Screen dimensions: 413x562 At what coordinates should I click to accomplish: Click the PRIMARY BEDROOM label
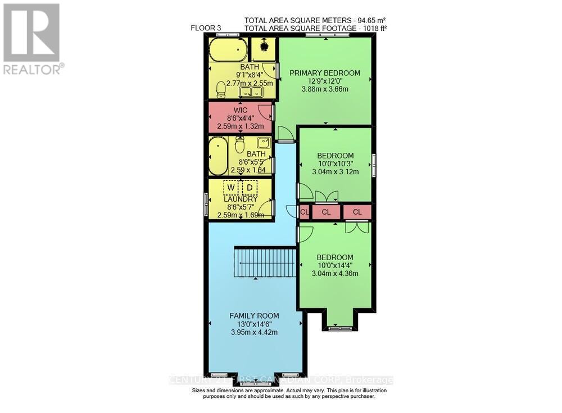(x=325, y=72)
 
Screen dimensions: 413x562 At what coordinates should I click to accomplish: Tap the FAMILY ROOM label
(x=254, y=316)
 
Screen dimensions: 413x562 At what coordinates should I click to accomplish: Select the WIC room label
(x=241, y=111)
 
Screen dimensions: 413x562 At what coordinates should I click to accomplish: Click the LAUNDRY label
(x=241, y=199)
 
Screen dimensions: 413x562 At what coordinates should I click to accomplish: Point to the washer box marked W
(x=230, y=187)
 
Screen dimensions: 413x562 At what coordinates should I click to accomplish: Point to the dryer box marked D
(x=250, y=187)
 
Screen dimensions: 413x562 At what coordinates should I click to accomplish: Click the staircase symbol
(x=265, y=262)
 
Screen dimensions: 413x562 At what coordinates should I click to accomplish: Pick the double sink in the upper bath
(x=251, y=92)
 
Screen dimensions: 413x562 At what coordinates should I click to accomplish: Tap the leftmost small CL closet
(x=304, y=212)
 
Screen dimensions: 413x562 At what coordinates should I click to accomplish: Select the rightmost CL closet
(x=357, y=212)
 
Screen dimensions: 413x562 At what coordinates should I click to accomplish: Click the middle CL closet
(x=327, y=212)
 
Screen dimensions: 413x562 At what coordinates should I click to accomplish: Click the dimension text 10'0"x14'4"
(x=335, y=266)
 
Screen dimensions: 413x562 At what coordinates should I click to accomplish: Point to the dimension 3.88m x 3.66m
(x=325, y=89)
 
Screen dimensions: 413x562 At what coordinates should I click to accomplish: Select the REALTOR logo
(x=32, y=38)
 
